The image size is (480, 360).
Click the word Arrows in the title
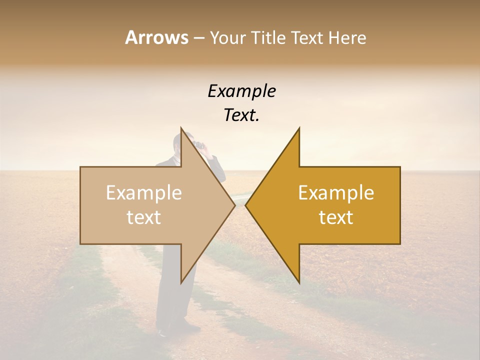[156, 37]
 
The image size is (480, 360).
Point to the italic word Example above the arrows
[241, 91]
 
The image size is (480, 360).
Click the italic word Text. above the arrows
[241, 115]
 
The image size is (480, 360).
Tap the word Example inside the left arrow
[144, 193]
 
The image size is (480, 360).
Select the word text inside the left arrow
[144, 217]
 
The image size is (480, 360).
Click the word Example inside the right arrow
[336, 193]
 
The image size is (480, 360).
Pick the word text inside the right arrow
[336, 217]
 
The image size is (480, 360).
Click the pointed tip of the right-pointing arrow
[235, 205]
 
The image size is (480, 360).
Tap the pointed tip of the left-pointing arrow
[245, 205]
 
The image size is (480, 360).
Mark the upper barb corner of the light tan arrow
[181, 128]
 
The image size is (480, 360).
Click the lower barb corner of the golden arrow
[299, 282]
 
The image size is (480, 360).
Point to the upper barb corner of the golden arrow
[299, 128]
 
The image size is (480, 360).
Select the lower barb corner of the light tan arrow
[181, 282]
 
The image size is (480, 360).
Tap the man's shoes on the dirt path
[172, 330]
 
